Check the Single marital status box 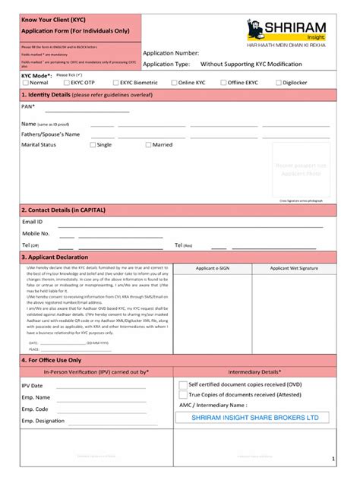[x=93, y=144]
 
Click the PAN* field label [x=29, y=107]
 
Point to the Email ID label [x=33, y=222]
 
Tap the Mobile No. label [x=36, y=234]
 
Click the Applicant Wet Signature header [x=294, y=268]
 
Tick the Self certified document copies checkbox [x=182, y=385]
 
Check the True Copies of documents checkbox [x=182, y=395]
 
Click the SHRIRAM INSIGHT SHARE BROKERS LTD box [x=255, y=417]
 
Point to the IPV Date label [x=32, y=386]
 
